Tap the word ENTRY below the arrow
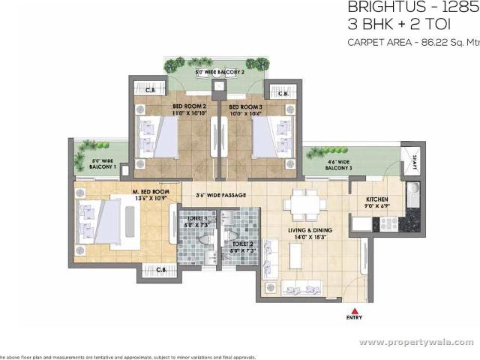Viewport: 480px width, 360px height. pyautogui.click(x=355, y=317)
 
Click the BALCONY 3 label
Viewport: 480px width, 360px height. pyautogui.click(x=339, y=165)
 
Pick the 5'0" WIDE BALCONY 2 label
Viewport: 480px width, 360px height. pyautogui.click(x=220, y=73)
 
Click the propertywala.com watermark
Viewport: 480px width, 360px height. pyautogui.click(x=415, y=342)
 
